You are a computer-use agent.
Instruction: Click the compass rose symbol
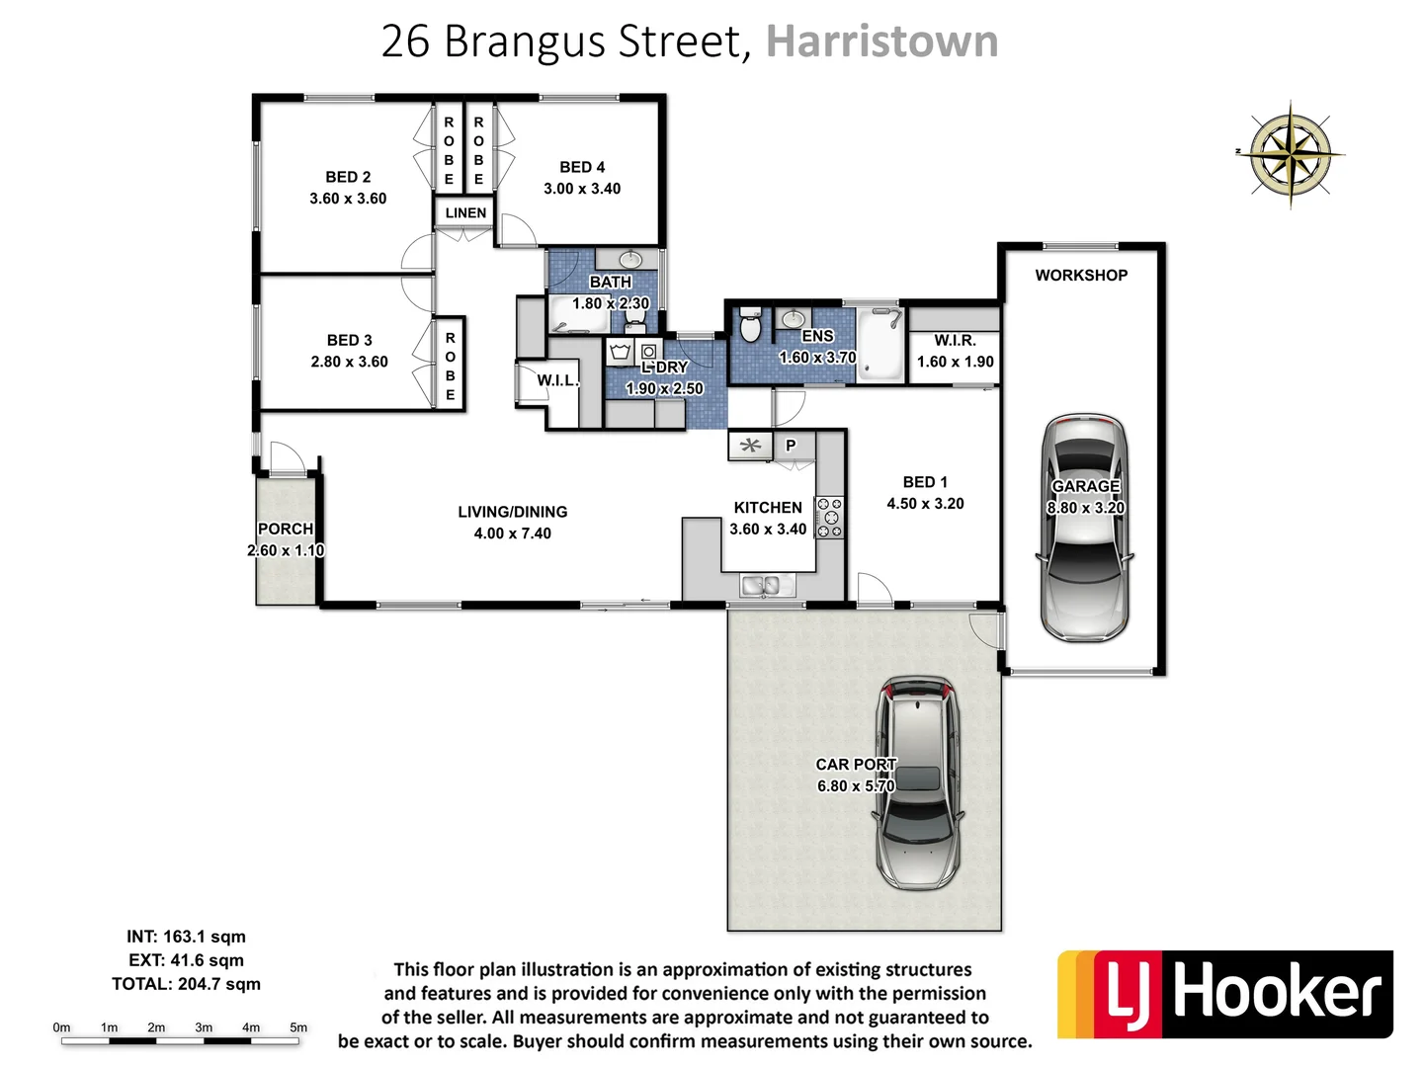pos(1291,154)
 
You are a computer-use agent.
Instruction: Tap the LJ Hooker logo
pos(1225,994)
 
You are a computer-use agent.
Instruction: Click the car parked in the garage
pos(1084,529)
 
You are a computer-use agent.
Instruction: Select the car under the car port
pos(918,782)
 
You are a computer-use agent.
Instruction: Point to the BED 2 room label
pos(348,177)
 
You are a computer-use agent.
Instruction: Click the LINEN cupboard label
pos(465,212)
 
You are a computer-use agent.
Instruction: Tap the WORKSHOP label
pos(1081,276)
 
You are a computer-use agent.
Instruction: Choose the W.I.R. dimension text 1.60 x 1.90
pos(955,362)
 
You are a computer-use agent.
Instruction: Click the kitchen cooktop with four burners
pos(830,518)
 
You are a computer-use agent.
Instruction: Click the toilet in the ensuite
pos(751,325)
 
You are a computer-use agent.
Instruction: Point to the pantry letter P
pos(791,446)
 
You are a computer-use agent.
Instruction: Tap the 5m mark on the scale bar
pos(298,1028)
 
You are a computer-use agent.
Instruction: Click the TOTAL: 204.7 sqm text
pos(186,984)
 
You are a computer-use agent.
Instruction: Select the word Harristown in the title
pos(881,41)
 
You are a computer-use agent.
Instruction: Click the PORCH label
pos(285,530)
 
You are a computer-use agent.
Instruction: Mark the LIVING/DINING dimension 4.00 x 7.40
pos(512,533)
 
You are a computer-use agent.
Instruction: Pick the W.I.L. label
pos(557,380)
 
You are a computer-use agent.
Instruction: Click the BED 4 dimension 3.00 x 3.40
pos(582,189)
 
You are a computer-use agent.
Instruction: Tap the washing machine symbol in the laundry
pos(649,351)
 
